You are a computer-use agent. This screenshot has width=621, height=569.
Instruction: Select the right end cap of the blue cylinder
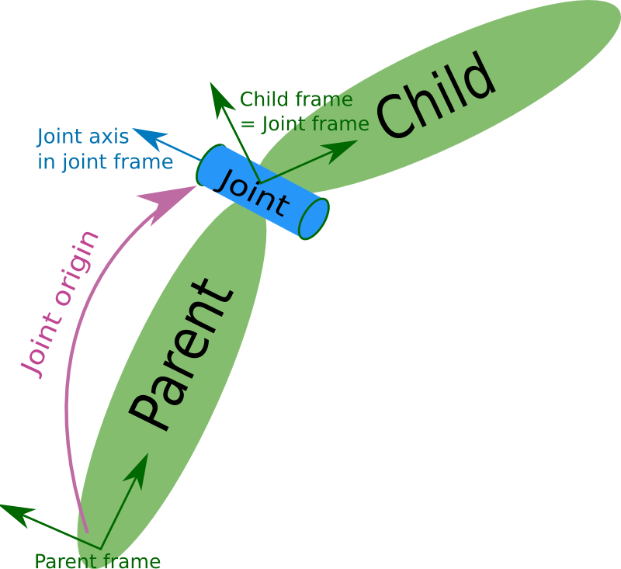(x=314, y=220)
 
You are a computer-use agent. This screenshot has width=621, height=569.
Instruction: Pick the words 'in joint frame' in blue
(x=105, y=161)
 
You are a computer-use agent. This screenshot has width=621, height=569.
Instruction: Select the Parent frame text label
(x=97, y=560)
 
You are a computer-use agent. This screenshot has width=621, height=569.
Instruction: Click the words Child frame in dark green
(x=296, y=99)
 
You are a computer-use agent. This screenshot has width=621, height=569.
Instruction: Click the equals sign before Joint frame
(x=248, y=123)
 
